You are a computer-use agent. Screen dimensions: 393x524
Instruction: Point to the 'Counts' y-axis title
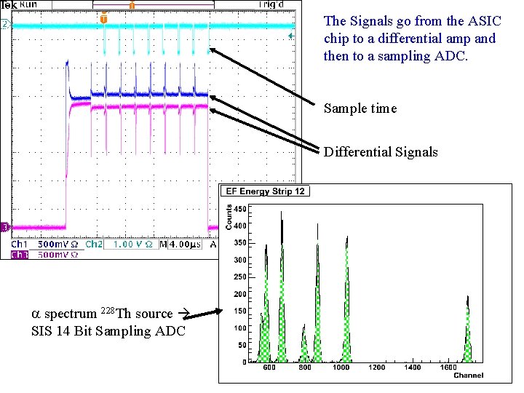coord(229,217)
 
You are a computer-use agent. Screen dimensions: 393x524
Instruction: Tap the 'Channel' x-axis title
coord(469,376)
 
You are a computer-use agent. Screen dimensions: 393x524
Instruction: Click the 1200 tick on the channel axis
coord(376,368)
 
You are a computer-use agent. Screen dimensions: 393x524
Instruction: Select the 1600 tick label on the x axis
coord(448,368)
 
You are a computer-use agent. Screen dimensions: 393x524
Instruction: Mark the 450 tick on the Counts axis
coord(239,209)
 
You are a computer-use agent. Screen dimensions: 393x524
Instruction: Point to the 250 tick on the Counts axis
coord(239,277)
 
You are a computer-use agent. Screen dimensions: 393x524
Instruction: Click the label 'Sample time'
coord(360,108)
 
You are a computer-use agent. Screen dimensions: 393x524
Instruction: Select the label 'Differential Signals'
coord(381,152)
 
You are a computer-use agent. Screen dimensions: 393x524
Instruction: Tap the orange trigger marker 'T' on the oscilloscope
coord(103,19)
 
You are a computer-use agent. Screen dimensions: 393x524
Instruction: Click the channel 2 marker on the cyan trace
coord(5,25)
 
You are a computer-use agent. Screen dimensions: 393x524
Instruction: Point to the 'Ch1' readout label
coord(19,245)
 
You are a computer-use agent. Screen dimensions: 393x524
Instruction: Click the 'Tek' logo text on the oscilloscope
coord(9,4)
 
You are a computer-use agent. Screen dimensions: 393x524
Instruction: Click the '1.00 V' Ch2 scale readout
coord(122,245)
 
